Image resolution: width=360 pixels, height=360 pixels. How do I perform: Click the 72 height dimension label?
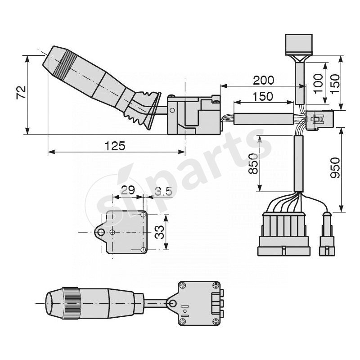(x=21, y=93)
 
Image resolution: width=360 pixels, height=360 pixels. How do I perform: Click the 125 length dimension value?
(x=115, y=145)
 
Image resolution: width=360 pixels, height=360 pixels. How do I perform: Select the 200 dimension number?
(x=263, y=80)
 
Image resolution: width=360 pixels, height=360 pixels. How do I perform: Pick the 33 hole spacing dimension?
(x=159, y=232)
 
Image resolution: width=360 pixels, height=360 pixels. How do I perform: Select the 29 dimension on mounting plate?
(x=128, y=190)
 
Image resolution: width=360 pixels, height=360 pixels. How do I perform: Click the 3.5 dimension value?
(x=163, y=191)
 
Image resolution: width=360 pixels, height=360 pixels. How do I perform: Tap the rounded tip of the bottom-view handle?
(x=50, y=303)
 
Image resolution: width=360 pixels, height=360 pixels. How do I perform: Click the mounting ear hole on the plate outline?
(x=102, y=232)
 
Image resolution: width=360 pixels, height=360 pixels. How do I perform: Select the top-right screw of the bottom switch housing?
(x=216, y=285)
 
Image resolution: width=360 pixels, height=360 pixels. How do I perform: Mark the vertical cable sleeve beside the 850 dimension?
(x=298, y=164)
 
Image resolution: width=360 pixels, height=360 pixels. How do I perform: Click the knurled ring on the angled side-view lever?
(x=64, y=63)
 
